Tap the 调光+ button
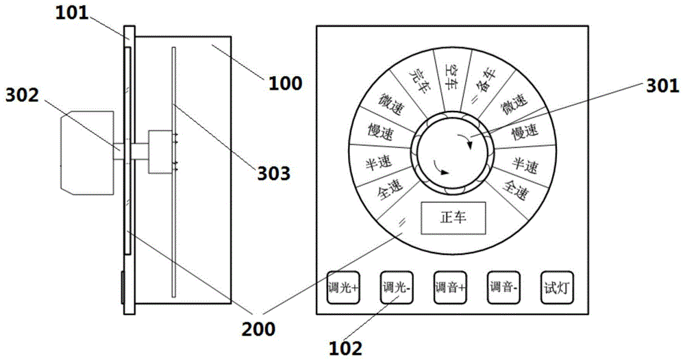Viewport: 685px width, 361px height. (x=343, y=288)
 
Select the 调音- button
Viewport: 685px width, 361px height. (x=504, y=288)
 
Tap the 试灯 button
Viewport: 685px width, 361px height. (x=557, y=288)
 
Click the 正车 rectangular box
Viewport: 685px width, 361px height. (x=452, y=219)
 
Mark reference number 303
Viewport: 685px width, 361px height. (x=273, y=173)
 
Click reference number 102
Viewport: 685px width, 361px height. (x=347, y=349)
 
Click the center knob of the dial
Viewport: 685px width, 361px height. (x=452, y=155)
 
